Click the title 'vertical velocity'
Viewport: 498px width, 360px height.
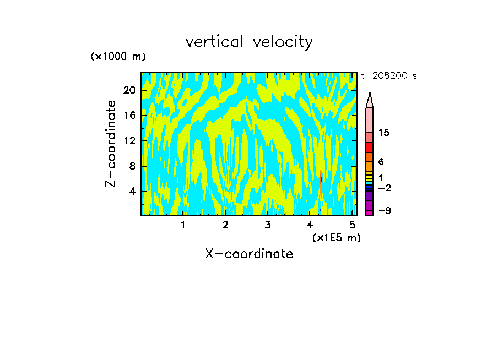249,42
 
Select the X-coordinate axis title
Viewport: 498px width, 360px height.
249,254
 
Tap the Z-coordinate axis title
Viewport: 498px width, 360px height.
111,144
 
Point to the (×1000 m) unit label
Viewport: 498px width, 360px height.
118,57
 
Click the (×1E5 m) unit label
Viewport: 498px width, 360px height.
336,237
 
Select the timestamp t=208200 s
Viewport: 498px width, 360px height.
389,76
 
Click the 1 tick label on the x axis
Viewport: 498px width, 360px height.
183,225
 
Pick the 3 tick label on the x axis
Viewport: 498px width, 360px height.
267,225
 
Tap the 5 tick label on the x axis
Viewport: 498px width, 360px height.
352,225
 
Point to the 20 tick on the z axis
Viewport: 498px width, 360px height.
129,90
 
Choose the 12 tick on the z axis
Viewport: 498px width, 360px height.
129,141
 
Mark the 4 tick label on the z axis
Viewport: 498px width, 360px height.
132,192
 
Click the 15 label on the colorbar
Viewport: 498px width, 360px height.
384,133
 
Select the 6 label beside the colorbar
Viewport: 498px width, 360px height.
381,162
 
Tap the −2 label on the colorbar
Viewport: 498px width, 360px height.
384,188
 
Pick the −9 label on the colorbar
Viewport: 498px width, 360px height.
384,211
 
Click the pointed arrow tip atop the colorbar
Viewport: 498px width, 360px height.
370,100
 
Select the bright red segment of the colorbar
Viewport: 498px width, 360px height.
370,148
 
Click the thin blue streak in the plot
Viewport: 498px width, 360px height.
320,176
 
